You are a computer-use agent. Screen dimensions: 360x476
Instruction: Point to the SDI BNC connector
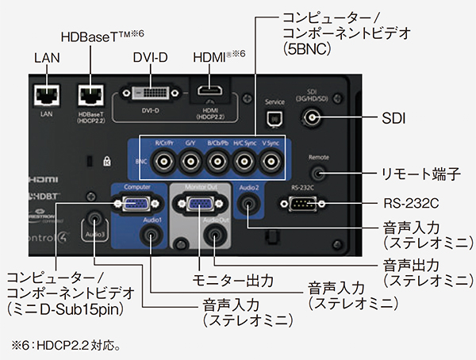pyautogui.click(x=313, y=119)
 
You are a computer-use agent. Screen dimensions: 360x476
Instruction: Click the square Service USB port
pyautogui.click(x=274, y=119)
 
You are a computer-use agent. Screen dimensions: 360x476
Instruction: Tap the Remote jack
pyautogui.click(x=319, y=170)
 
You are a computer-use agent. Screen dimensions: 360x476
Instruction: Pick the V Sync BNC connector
pyautogui.click(x=271, y=163)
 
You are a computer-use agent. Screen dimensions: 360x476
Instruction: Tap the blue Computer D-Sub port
pyautogui.click(x=129, y=204)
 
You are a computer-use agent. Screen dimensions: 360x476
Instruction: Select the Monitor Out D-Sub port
pyautogui.click(x=198, y=205)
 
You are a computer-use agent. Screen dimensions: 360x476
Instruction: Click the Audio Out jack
pyautogui.click(x=215, y=236)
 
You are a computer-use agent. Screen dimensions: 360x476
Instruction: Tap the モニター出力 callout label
pyautogui.click(x=235, y=280)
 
